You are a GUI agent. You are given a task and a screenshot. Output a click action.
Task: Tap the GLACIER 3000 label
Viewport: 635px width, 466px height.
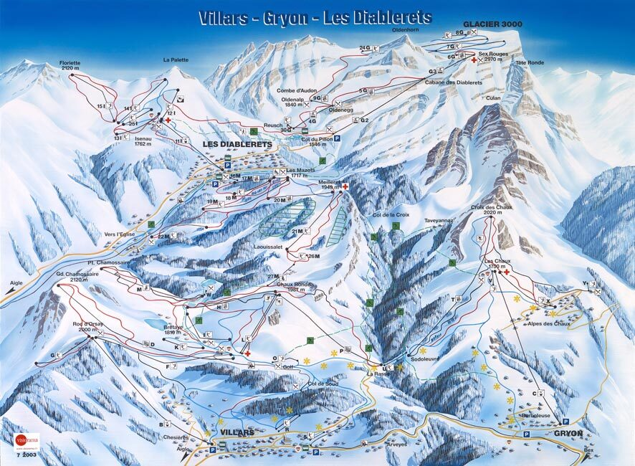tap(492, 24)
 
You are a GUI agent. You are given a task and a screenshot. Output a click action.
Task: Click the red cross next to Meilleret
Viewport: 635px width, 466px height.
tap(345, 187)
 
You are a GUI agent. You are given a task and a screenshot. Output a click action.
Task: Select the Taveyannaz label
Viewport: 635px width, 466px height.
tap(440, 221)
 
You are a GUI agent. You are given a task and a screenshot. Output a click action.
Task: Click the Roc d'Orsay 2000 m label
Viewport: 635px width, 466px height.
tap(88, 327)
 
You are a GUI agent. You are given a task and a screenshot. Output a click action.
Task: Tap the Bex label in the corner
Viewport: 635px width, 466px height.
tap(589, 450)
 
